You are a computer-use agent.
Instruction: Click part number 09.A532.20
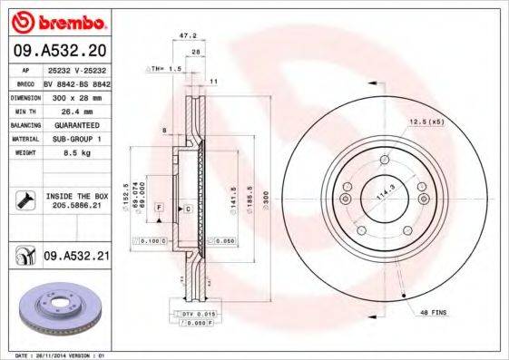pos(59,50)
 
